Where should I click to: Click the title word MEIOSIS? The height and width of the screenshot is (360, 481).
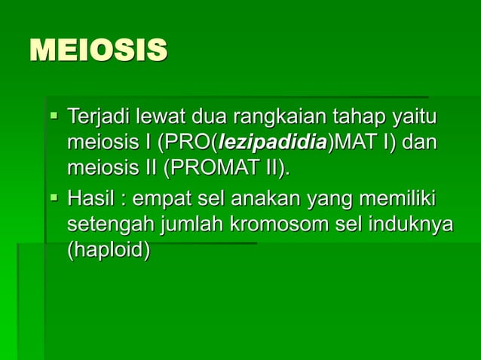pyautogui.click(x=98, y=51)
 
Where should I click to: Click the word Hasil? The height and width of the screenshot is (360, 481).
pyautogui.click(x=90, y=201)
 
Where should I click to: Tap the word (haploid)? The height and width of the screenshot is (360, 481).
pyautogui.click(x=109, y=249)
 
